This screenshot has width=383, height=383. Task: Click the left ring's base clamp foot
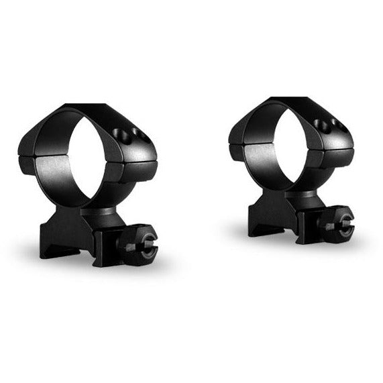[x=64, y=238]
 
